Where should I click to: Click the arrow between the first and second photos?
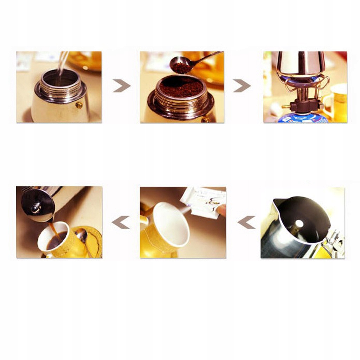[x=122, y=86]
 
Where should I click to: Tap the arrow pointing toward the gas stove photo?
[x=242, y=86]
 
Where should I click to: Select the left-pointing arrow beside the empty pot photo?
[x=246, y=222]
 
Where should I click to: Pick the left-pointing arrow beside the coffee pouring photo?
[x=121, y=222]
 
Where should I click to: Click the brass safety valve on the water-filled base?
[x=79, y=105]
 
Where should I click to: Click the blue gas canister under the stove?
[x=302, y=118]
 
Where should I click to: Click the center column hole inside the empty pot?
[x=299, y=224]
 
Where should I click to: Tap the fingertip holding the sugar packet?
[x=221, y=210]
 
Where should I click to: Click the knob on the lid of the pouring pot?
[x=36, y=208]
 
